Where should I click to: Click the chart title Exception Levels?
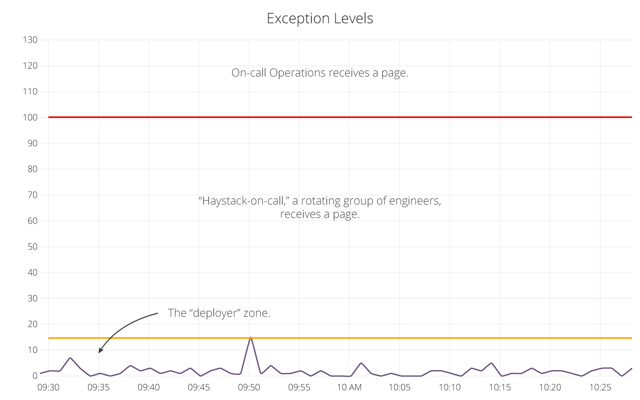319,19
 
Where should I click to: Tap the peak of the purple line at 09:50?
250,338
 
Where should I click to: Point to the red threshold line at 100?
341,117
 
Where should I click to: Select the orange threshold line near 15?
341,338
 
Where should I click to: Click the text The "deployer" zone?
219,313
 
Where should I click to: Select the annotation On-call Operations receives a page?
319,73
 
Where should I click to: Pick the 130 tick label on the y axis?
30,40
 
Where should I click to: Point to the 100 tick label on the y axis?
30,117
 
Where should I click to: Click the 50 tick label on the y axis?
32,247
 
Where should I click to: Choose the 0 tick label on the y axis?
35,376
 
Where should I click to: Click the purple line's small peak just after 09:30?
70,358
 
